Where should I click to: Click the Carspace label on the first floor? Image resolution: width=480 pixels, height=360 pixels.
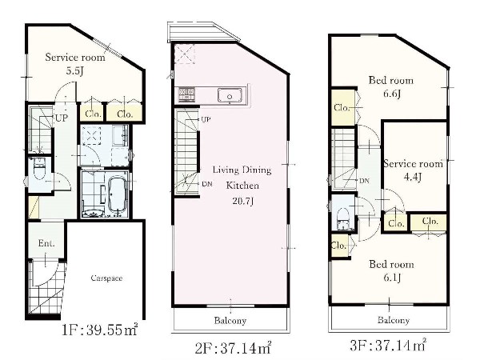106,278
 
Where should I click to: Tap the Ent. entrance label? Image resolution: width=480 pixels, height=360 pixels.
46,243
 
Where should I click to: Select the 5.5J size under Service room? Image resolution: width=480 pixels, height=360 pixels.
74,71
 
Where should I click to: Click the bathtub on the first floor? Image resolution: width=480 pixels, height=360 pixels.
118,194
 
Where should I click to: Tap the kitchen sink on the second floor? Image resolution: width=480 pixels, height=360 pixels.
230,95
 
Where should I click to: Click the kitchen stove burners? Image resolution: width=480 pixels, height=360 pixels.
186,94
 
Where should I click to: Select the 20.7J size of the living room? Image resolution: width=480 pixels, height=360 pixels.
242,201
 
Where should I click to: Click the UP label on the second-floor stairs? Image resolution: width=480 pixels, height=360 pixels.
206,119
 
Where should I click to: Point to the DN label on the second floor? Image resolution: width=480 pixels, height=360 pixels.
207,184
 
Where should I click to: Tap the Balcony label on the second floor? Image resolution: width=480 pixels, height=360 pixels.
230,321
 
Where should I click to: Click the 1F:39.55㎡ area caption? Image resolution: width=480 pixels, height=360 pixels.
100,330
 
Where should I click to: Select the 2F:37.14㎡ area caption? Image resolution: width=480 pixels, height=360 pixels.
234,348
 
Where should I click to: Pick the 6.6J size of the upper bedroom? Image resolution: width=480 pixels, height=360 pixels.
392,94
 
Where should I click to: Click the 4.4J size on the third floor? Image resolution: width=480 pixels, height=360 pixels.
413,177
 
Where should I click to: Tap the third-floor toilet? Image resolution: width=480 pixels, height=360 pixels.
343,218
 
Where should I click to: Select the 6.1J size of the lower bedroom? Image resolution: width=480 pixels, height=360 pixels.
392,278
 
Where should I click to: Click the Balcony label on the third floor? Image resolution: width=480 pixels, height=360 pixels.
394,320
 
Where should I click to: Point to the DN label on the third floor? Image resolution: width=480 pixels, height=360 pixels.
364,181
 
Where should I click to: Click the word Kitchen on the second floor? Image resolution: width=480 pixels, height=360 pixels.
242,186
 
